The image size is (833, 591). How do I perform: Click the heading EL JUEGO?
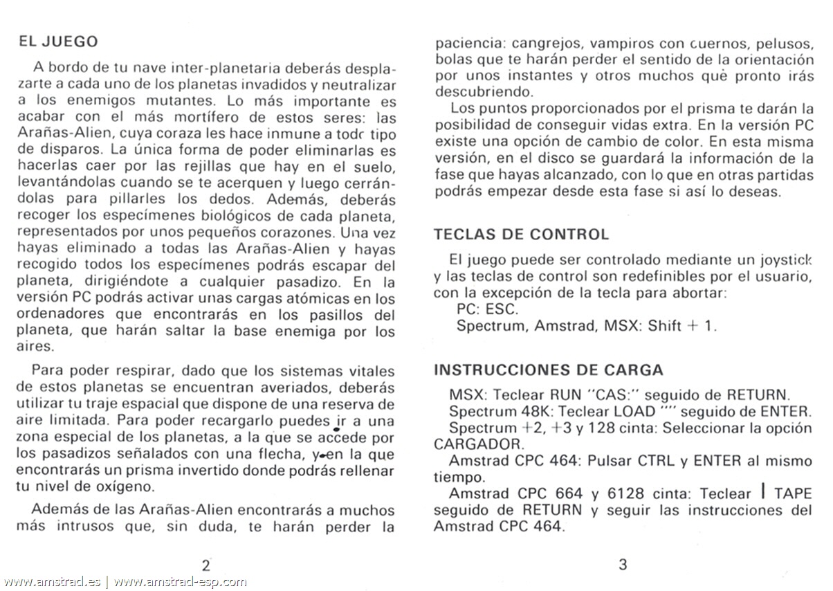coord(58,42)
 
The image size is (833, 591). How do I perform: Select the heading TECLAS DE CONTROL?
coord(521,235)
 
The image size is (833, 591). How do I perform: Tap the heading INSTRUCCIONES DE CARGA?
coord(548,370)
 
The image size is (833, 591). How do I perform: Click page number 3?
coord(622,564)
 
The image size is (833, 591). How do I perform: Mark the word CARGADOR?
coord(475,444)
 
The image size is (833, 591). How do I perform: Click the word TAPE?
coord(793,494)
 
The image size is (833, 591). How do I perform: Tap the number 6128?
coord(622,494)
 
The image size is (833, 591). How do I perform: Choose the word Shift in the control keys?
coord(666,327)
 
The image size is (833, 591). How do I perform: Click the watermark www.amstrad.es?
coord(52,582)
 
